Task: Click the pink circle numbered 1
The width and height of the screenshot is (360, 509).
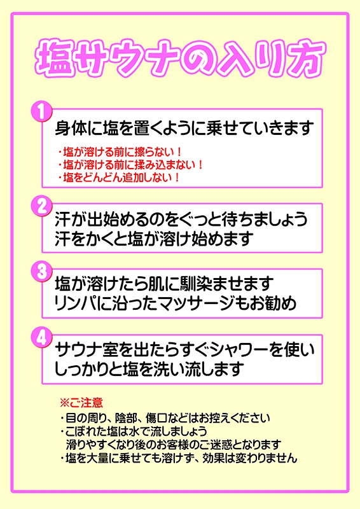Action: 41,112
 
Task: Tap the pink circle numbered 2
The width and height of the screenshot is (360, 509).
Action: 41,206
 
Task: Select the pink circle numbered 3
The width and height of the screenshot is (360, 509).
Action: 41,272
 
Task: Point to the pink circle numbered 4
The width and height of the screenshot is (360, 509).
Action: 41,338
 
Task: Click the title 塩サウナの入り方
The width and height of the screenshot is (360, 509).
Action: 181,59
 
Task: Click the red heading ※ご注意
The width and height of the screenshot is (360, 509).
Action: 81,403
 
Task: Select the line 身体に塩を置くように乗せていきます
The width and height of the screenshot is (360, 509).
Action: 184,129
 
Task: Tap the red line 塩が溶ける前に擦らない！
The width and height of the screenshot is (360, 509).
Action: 119,152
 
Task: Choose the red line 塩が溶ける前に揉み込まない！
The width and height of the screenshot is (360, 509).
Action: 130,165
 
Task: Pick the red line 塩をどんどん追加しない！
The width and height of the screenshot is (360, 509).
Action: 119,178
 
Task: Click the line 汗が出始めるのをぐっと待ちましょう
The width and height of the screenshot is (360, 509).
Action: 181,220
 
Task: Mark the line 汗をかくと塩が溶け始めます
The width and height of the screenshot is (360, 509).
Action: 154,239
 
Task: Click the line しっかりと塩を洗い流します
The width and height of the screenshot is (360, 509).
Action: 149,370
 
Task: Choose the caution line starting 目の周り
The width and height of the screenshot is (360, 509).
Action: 165,418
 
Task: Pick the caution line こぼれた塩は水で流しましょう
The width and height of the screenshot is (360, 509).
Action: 134,431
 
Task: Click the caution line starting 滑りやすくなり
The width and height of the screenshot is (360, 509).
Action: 174,444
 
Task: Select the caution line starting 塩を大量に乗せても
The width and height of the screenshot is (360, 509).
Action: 179,458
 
